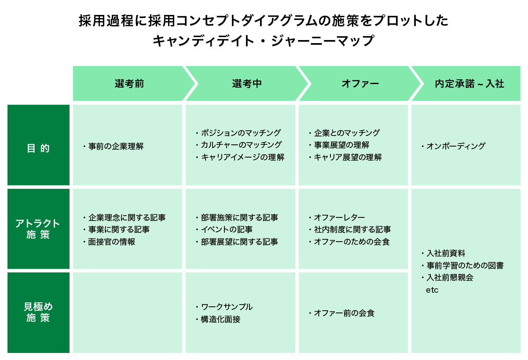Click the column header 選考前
coord(129,84)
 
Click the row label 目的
coord(38,148)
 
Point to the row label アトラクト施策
coord(38,229)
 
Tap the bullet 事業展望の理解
coord(341,145)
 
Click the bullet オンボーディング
coord(455,146)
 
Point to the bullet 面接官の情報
coord(111,242)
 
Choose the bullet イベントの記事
coord(227,229)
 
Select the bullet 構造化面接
coord(220,319)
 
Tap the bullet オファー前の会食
coord(344,313)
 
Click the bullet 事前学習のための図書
coord(465,265)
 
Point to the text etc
coord(432,290)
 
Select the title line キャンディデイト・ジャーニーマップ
coord(263,41)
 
